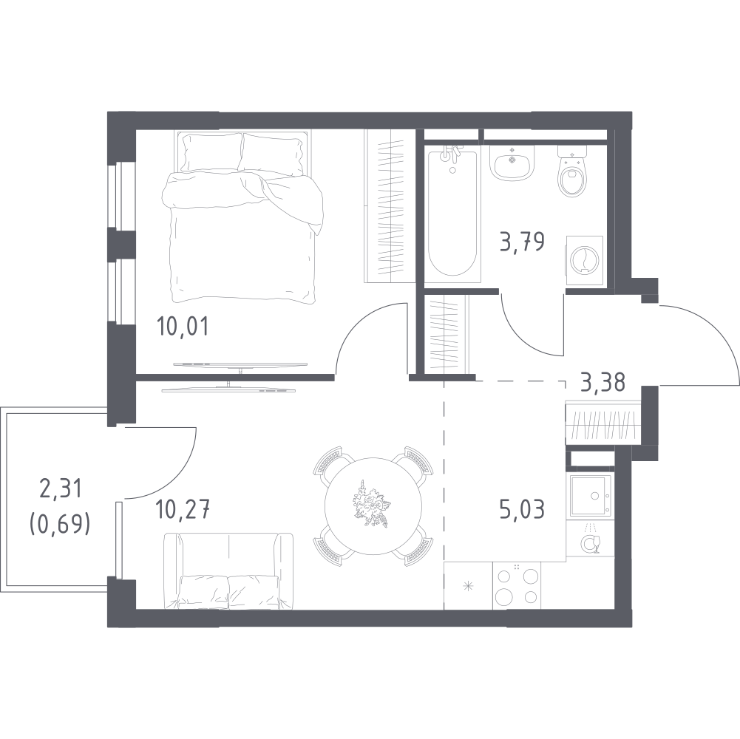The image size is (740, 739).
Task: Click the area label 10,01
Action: click(182, 326)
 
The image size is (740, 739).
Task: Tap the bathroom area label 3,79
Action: click(523, 242)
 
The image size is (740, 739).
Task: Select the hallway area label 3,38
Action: click(604, 382)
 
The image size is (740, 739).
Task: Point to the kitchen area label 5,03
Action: click(522, 509)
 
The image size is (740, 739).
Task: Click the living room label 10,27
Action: click(183, 510)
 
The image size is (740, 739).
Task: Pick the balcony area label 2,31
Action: click(61, 488)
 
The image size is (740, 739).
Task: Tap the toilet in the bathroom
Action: click(572, 171)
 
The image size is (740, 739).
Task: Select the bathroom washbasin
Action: click(512, 162)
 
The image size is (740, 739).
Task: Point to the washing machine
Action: click(584, 261)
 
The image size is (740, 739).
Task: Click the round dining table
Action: click(373, 506)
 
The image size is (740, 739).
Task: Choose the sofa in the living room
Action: click(228, 571)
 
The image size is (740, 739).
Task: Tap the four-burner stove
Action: click(516, 585)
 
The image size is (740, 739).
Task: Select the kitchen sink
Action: click(591, 495)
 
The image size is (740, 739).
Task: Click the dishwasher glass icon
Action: click(590, 541)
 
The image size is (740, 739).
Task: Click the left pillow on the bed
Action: click(212, 153)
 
